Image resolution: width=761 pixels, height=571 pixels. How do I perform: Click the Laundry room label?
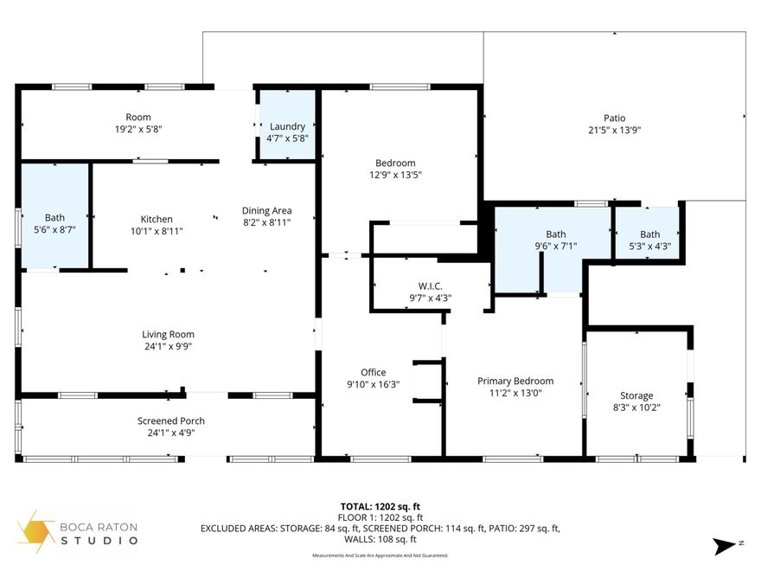tap(287, 126)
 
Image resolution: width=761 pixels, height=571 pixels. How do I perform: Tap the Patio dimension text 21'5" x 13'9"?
tap(614, 131)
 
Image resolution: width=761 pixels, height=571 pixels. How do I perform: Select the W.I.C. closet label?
tap(431, 285)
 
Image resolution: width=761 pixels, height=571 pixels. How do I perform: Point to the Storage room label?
tap(636, 395)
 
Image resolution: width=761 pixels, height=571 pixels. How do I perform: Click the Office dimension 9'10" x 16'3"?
tap(374, 385)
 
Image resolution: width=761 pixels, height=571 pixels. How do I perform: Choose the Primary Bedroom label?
tap(515, 381)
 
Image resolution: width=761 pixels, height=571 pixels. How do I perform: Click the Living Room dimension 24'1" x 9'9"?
tap(168, 346)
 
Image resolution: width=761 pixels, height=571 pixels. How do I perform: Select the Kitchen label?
tap(157, 219)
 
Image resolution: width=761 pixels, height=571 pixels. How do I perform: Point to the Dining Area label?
tap(266, 210)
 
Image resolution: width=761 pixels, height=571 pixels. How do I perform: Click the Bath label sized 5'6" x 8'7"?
tap(54, 218)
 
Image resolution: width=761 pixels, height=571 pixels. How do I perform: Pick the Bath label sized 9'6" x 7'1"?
tap(555, 234)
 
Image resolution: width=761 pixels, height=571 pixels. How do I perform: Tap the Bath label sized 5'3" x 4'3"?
tap(649, 234)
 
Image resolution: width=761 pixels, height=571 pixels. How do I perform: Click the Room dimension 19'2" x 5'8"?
tap(138, 129)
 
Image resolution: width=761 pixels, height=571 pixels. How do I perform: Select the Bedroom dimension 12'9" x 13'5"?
tap(395, 175)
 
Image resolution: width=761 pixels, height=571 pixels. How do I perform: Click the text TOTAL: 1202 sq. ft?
tap(380, 506)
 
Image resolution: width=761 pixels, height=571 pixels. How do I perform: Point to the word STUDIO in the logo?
tap(99, 541)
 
